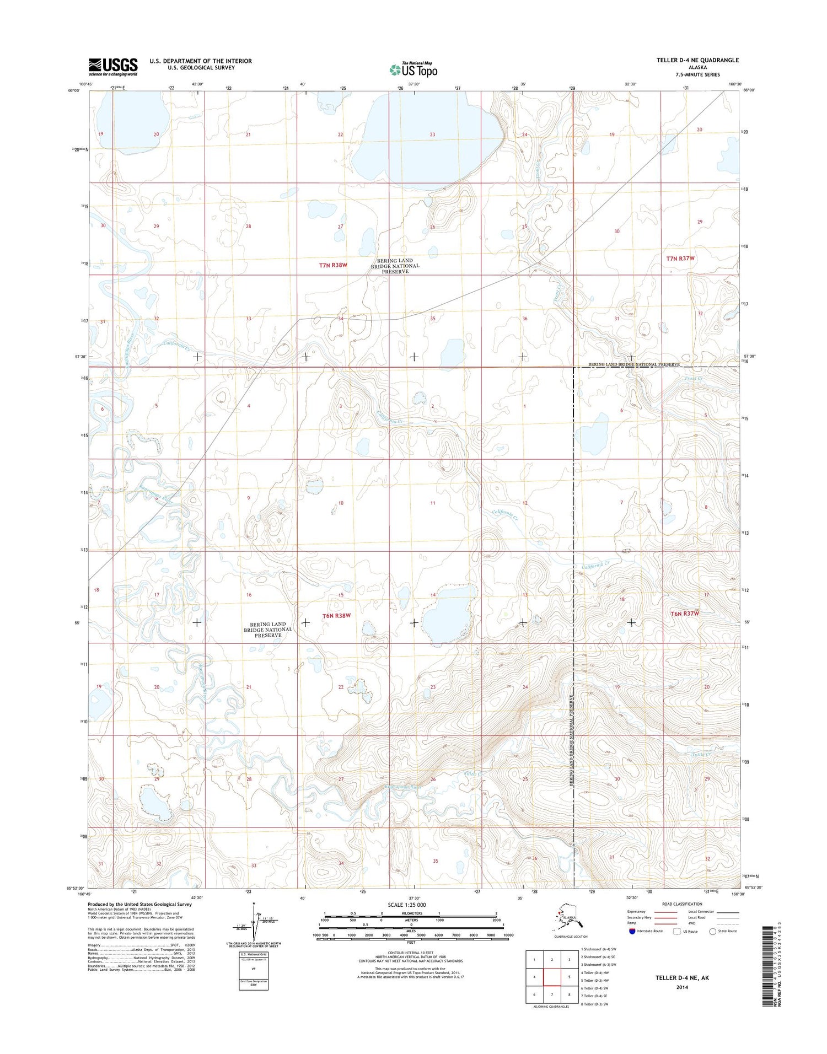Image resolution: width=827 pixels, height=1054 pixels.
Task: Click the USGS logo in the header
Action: tap(112, 67)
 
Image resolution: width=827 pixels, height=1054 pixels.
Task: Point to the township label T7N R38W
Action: tap(333, 265)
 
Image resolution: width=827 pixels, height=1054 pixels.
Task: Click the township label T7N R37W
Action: tap(680, 258)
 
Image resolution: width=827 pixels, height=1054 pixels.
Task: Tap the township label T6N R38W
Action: tap(336, 615)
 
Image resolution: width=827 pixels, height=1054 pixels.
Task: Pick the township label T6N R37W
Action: tap(684, 613)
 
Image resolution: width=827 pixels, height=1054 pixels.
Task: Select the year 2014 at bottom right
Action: tap(681, 987)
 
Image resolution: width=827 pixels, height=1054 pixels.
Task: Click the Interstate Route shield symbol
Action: tap(632, 931)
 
